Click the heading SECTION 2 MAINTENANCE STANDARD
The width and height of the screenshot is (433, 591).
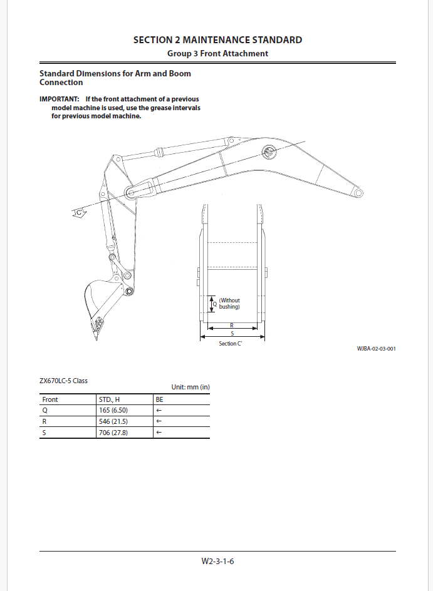click(217, 40)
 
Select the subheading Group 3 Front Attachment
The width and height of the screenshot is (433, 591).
click(217, 54)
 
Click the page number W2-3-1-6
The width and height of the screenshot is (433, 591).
click(217, 561)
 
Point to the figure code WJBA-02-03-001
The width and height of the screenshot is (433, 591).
click(376, 349)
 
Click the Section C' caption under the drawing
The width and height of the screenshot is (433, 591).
click(231, 344)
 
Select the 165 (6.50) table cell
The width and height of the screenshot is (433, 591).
click(113, 410)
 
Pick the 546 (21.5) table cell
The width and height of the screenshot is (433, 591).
click(113, 421)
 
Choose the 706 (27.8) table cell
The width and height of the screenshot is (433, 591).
click(113, 433)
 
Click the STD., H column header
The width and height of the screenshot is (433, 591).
click(109, 399)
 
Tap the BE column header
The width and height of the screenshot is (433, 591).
click(159, 399)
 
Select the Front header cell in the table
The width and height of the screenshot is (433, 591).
click(50, 399)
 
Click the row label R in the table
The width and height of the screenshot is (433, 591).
click(44, 421)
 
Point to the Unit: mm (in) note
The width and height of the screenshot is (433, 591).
click(190, 388)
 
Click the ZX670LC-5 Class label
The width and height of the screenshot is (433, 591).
click(63, 380)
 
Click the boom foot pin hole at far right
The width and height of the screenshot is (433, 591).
click(358, 193)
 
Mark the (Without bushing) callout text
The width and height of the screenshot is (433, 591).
click(229, 304)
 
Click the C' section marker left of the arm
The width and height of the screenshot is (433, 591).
click(80, 214)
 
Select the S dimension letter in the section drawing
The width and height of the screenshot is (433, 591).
click(232, 334)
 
